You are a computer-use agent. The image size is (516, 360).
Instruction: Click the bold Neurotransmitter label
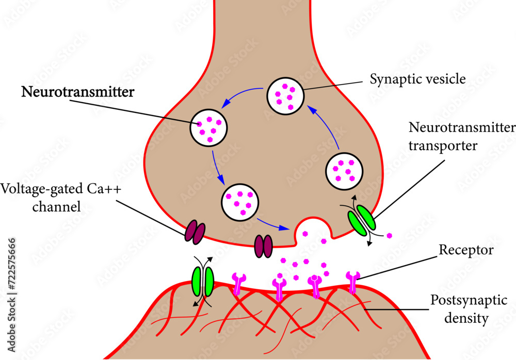(x=77, y=93)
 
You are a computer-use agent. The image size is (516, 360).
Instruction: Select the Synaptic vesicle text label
(x=418, y=79)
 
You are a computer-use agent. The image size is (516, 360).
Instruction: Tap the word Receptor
(x=466, y=251)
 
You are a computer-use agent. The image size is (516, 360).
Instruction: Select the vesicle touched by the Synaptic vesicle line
(x=284, y=96)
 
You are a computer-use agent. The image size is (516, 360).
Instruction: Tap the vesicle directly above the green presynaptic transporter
(x=344, y=171)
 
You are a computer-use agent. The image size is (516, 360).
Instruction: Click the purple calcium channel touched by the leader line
(x=195, y=231)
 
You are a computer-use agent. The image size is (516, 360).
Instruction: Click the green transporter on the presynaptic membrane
(x=363, y=220)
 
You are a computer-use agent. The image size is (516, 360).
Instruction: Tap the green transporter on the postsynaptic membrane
(x=203, y=282)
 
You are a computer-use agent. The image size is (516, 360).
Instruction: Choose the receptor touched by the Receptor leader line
(x=353, y=282)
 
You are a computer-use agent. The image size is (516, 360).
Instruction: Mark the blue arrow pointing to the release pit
(x=273, y=224)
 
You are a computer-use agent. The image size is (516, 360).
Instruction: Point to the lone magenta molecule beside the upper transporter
(x=389, y=235)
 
